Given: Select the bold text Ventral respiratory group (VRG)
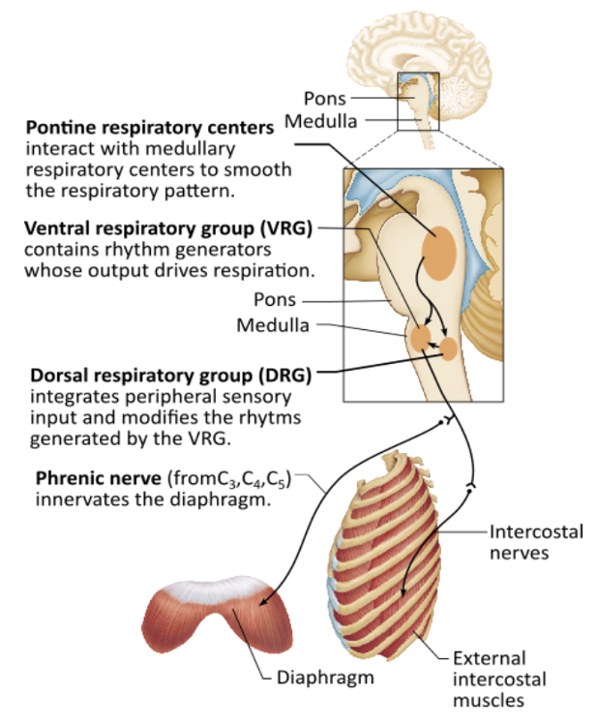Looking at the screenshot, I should coord(169,229).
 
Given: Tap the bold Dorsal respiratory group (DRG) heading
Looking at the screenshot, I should coord(171,375).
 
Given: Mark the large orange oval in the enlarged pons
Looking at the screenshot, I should coord(442,248).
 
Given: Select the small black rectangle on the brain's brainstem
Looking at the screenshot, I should coord(418,101).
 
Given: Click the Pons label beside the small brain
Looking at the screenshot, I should coord(325,98).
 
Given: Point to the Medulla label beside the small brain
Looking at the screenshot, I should coord(320,122).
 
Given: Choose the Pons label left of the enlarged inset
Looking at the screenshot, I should coord(274,300).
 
